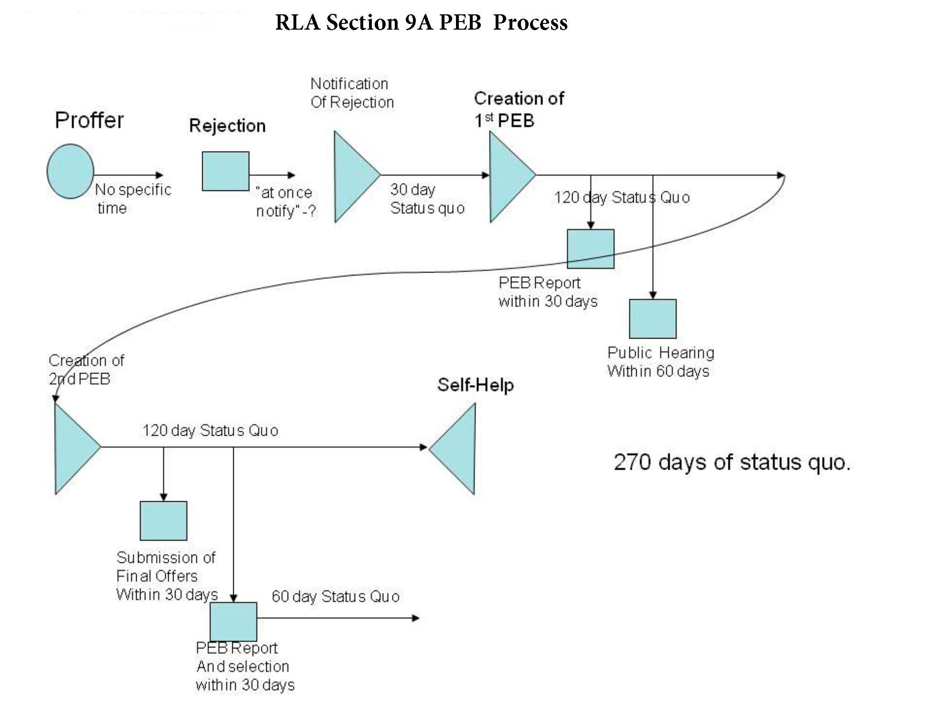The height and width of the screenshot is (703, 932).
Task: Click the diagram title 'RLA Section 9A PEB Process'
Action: pyautogui.click(x=421, y=22)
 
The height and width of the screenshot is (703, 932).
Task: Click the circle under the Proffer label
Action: pyautogui.click(x=70, y=171)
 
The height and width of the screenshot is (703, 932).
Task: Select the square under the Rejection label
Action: pyautogui.click(x=226, y=171)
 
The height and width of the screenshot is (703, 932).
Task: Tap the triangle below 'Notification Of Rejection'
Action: pyautogui.click(x=357, y=176)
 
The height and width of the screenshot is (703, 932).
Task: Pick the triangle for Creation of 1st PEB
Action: pyautogui.click(x=512, y=176)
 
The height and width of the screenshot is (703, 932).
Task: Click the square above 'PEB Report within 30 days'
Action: pyautogui.click(x=591, y=249)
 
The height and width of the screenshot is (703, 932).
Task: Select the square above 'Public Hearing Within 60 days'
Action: pyautogui.click(x=653, y=319)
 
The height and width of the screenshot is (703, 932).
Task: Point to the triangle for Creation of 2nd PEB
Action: pyautogui.click(x=77, y=448)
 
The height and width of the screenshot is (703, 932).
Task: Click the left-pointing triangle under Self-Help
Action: pyautogui.click(x=453, y=448)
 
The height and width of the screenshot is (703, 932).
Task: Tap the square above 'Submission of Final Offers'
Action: pyautogui.click(x=163, y=521)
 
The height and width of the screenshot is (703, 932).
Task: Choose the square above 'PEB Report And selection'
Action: pyautogui.click(x=233, y=622)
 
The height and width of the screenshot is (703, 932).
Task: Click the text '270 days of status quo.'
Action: pyautogui.click(x=732, y=462)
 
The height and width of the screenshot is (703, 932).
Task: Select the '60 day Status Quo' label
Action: pyautogui.click(x=336, y=596)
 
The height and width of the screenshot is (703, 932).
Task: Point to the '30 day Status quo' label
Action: pyautogui.click(x=427, y=199)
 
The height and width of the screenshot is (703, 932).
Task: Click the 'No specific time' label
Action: pyautogui.click(x=133, y=199)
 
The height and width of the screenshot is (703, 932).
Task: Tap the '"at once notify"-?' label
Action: pyautogui.click(x=286, y=202)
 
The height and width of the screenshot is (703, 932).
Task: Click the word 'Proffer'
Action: pyautogui.click(x=89, y=120)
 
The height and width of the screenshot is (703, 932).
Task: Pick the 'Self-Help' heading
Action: pyautogui.click(x=476, y=385)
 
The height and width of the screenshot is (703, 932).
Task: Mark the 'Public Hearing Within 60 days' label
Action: pyautogui.click(x=661, y=362)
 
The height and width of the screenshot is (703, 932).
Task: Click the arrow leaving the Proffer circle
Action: pyautogui.click(x=129, y=175)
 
